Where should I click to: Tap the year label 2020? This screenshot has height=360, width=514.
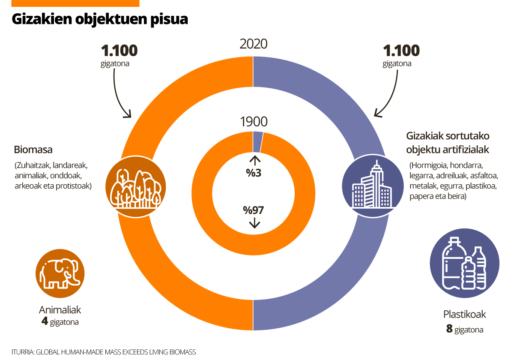pyautogui.click(x=254, y=44)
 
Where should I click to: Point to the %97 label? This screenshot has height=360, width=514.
pyautogui.click(x=254, y=210)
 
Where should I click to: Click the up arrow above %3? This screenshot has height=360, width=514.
pyautogui.click(x=255, y=161)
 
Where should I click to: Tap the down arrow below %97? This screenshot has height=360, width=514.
pyautogui.click(x=254, y=223)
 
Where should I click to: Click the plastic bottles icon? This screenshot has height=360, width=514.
pyautogui.click(x=465, y=263)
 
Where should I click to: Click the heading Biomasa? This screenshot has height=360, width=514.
pyautogui.click(x=33, y=150)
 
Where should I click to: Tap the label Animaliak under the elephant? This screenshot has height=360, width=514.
pyautogui.click(x=60, y=310)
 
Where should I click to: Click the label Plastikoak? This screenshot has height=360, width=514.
pyautogui.click(x=465, y=315)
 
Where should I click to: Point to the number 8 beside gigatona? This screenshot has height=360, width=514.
pyautogui.click(x=449, y=329)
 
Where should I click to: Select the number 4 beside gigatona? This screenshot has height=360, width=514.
pyautogui.click(x=45, y=321)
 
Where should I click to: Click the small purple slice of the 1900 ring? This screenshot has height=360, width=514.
pyautogui.click(x=258, y=142)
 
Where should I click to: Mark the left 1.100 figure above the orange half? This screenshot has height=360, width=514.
pyautogui.click(x=119, y=51)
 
